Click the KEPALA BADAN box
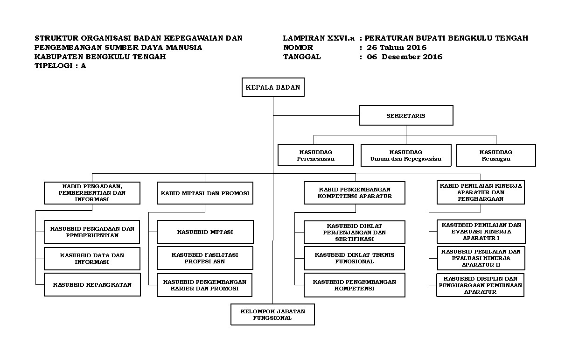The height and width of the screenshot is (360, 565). pos(273,87)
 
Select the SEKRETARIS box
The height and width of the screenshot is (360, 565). pos(405,115)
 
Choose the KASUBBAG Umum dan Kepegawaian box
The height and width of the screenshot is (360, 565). pos(405,155)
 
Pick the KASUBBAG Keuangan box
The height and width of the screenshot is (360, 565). pos(495,155)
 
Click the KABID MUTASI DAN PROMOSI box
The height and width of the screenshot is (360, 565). pos(205,193)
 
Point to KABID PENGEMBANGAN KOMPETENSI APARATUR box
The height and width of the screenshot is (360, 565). pos(355,193)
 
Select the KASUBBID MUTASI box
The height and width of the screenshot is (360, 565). pos(205,232)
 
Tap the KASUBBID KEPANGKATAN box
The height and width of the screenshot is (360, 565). pos(92,284)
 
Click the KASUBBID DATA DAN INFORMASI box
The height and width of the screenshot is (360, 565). pos(92,259)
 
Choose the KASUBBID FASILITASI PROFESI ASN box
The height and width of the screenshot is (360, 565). pos(205,258)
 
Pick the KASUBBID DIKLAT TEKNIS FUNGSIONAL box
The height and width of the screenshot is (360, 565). pos(355,258)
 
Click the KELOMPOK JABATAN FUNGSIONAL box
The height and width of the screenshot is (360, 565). pos(272,314)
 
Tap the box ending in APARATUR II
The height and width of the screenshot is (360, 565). pos(481,258)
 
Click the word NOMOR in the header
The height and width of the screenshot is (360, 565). pos(298,48)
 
